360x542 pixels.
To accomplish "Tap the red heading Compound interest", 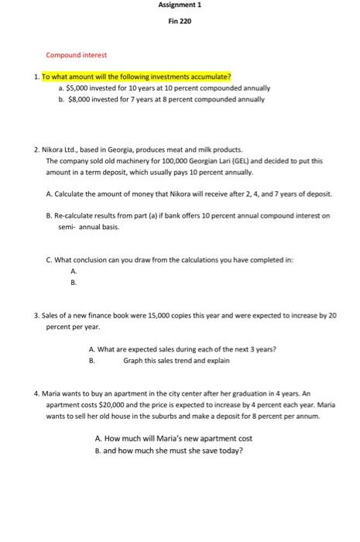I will pos(77,55).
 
